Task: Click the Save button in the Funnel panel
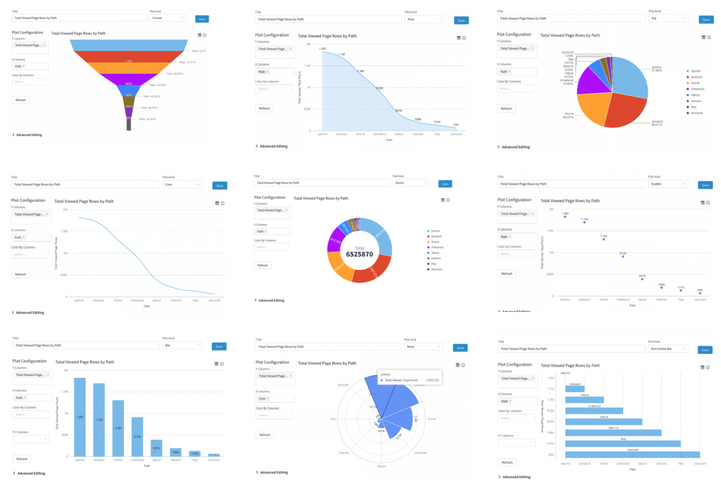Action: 202,19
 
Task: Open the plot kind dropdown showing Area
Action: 424,19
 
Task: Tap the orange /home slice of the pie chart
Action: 594,109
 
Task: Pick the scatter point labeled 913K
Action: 623,257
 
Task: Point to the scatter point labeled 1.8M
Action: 565,217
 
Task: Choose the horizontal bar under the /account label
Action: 632,455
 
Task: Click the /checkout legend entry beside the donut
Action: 437,247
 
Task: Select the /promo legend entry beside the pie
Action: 695,71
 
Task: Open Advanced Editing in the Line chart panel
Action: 30,312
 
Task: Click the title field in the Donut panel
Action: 322,183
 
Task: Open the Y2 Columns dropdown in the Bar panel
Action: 31,439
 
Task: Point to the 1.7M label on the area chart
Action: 341,54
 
